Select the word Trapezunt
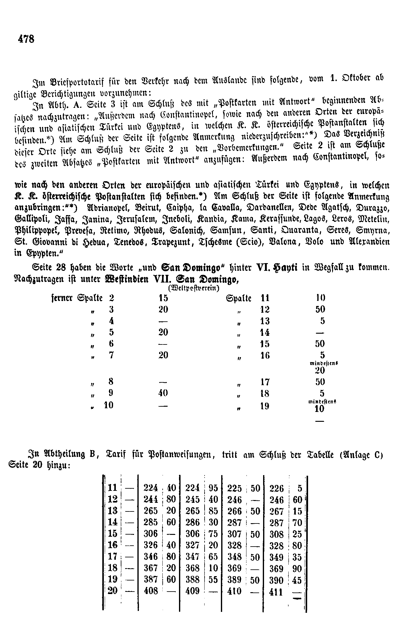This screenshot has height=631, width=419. (x=170, y=242)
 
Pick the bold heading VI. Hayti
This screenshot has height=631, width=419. (x=277, y=268)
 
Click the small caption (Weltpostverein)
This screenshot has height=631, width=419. (x=193, y=288)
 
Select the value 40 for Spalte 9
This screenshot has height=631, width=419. (x=163, y=393)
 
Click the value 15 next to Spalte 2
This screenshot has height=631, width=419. (x=163, y=298)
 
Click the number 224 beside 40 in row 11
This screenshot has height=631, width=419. (x=151, y=488)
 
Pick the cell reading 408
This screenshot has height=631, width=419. (x=151, y=591)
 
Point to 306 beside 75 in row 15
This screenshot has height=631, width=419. (x=193, y=534)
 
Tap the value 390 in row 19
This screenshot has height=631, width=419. (x=276, y=580)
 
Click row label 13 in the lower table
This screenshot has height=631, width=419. (x=113, y=511)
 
